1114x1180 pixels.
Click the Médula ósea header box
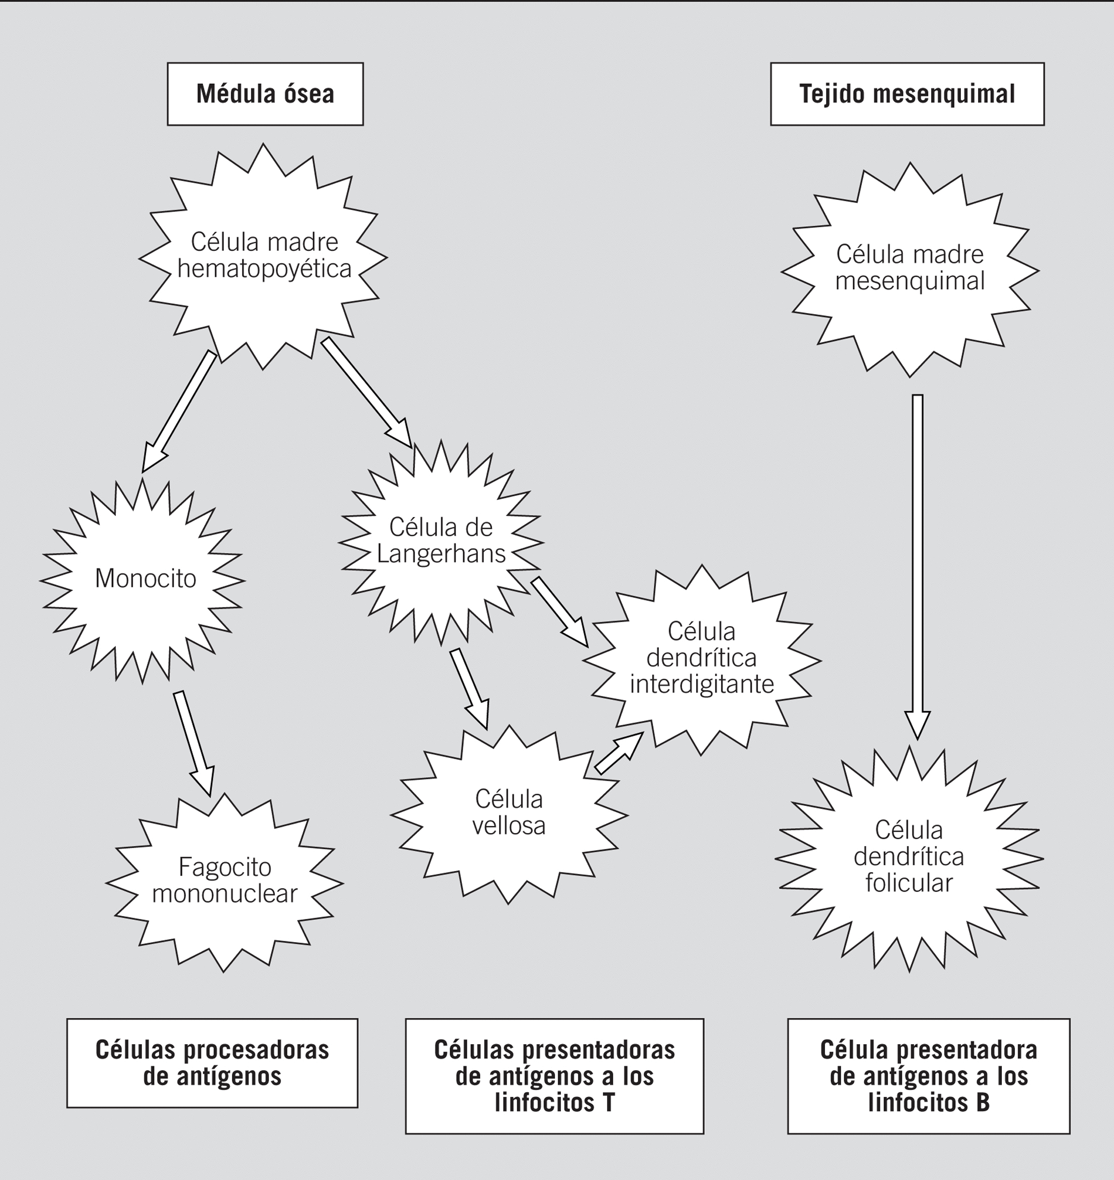265,94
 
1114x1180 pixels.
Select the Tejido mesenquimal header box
907,94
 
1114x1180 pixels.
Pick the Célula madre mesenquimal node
909,268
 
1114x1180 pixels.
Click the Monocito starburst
144,579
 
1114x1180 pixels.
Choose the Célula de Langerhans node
441,541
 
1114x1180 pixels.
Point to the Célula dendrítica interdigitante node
701,659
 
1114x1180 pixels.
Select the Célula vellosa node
509,813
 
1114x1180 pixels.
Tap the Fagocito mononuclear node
224,882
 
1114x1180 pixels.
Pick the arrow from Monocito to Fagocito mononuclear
193,742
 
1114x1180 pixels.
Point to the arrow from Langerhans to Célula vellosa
469,689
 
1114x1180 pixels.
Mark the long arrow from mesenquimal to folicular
917,564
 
